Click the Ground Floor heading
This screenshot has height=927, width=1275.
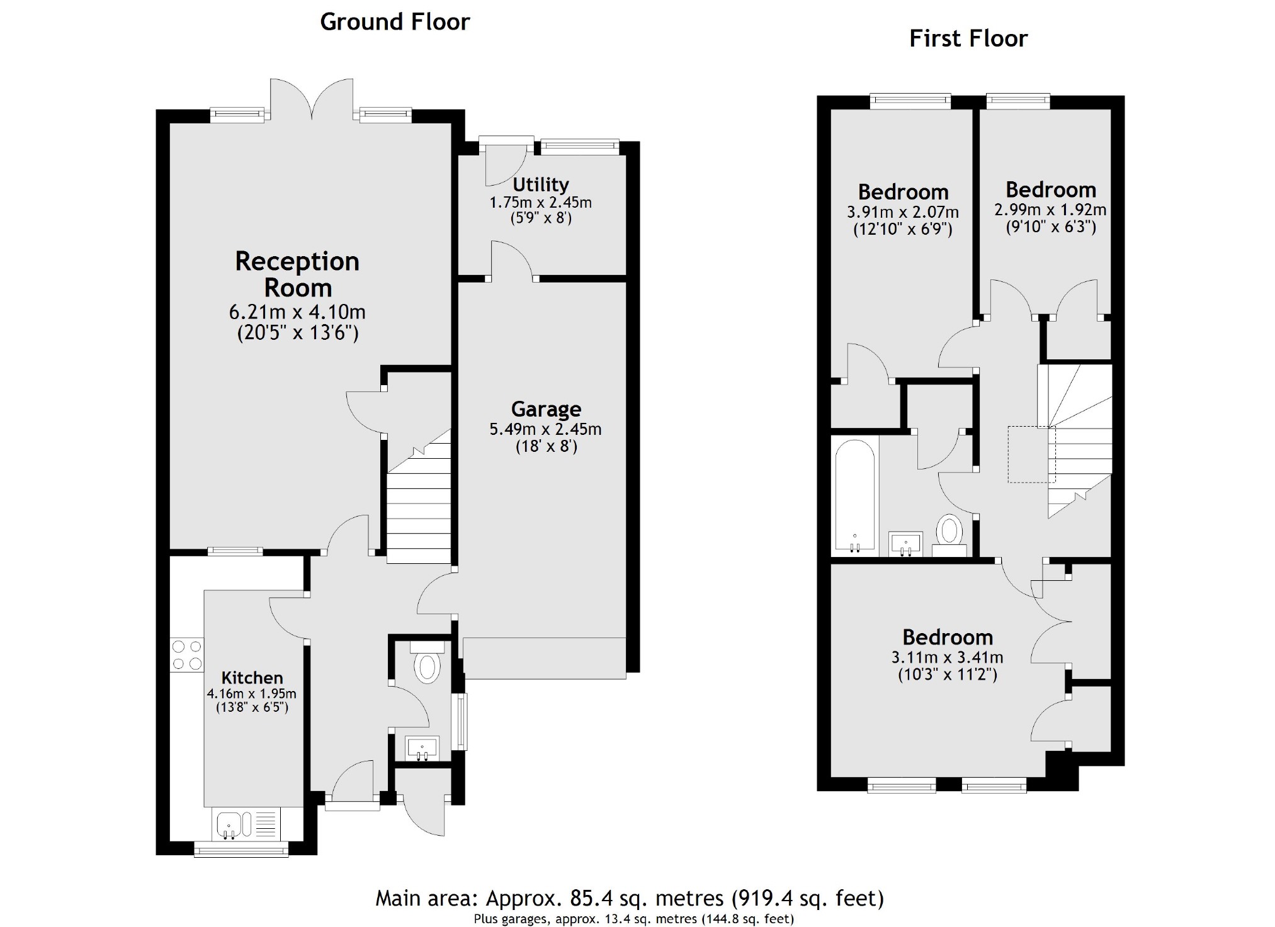(x=395, y=22)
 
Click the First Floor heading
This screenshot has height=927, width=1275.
(x=968, y=39)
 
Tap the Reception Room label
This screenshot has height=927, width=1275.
(x=297, y=274)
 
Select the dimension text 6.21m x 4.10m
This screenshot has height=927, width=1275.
(x=297, y=312)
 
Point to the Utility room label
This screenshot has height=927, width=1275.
(x=540, y=184)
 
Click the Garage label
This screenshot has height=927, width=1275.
(x=546, y=409)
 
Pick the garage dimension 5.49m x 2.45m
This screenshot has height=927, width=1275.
(x=545, y=429)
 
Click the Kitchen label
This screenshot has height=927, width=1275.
(x=252, y=678)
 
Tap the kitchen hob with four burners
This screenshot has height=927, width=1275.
(x=187, y=655)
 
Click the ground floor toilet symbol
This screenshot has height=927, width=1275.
(x=428, y=665)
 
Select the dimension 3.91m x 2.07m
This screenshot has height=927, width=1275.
(x=902, y=212)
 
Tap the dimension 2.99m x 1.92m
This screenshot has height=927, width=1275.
(x=1050, y=210)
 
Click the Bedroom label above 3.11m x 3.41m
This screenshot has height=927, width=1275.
(x=948, y=638)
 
